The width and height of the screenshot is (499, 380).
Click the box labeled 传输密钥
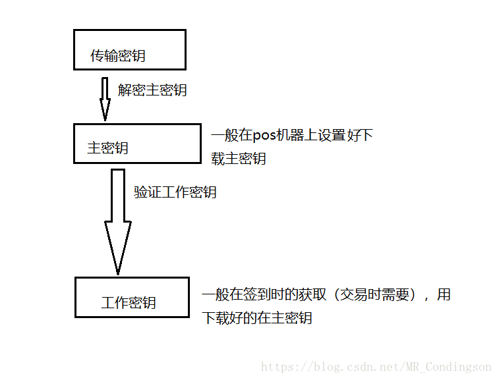(x=129, y=49)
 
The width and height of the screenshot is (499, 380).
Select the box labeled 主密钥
(x=137, y=144)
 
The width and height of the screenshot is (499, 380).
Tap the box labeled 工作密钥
(x=132, y=297)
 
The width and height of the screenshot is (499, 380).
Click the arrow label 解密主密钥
(x=152, y=90)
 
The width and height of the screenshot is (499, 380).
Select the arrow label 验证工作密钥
(x=175, y=192)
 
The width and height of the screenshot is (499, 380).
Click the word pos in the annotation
(x=266, y=136)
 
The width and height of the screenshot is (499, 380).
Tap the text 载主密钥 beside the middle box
(x=239, y=159)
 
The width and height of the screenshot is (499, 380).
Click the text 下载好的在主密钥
(x=257, y=318)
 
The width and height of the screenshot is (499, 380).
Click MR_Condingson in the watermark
(x=455, y=367)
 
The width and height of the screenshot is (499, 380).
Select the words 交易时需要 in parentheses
(x=377, y=295)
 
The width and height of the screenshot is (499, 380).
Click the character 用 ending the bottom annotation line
(x=444, y=295)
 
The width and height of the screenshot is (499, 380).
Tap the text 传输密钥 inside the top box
(x=118, y=56)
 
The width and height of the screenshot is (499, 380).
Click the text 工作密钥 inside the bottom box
(x=129, y=303)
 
